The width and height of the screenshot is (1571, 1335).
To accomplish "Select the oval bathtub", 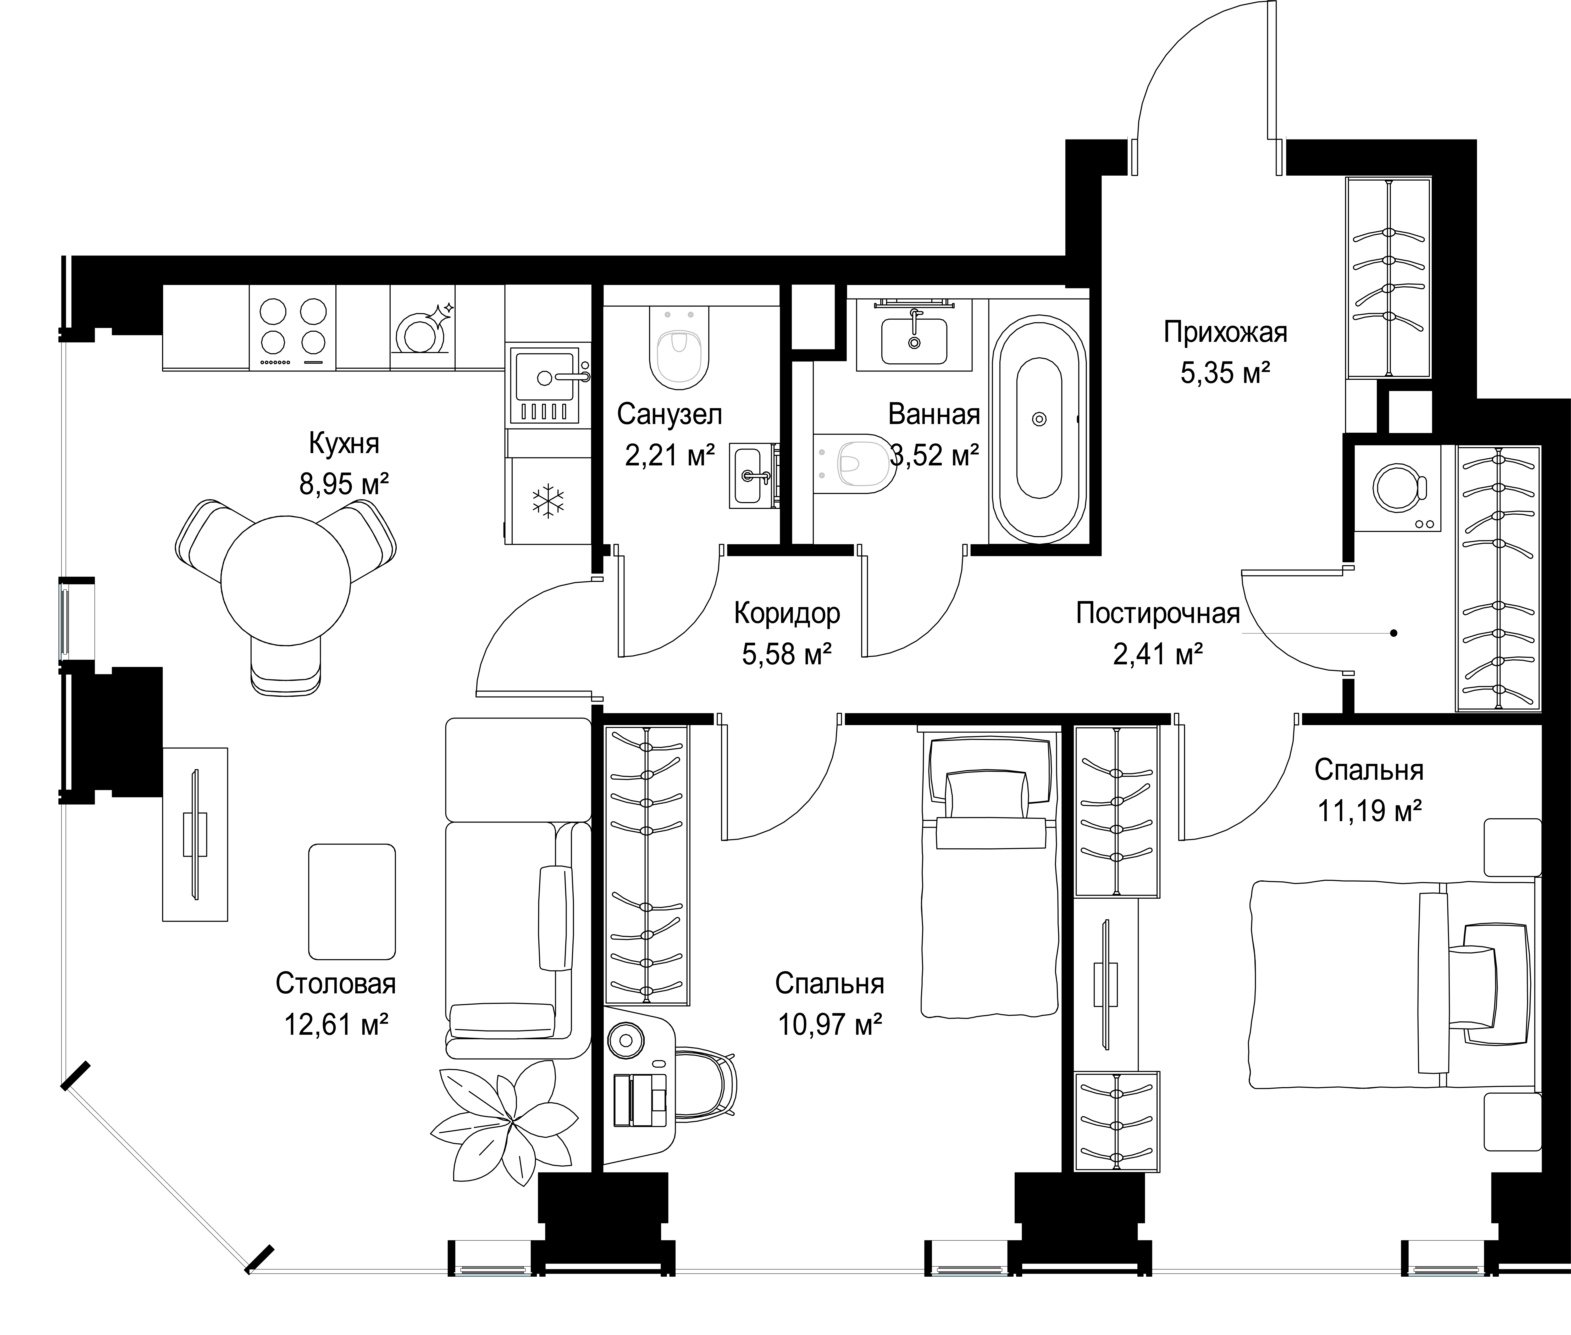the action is click(x=1039, y=430).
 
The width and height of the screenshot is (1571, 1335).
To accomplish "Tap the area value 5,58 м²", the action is click(x=787, y=654).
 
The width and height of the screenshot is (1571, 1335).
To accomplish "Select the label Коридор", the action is click(x=787, y=614).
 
